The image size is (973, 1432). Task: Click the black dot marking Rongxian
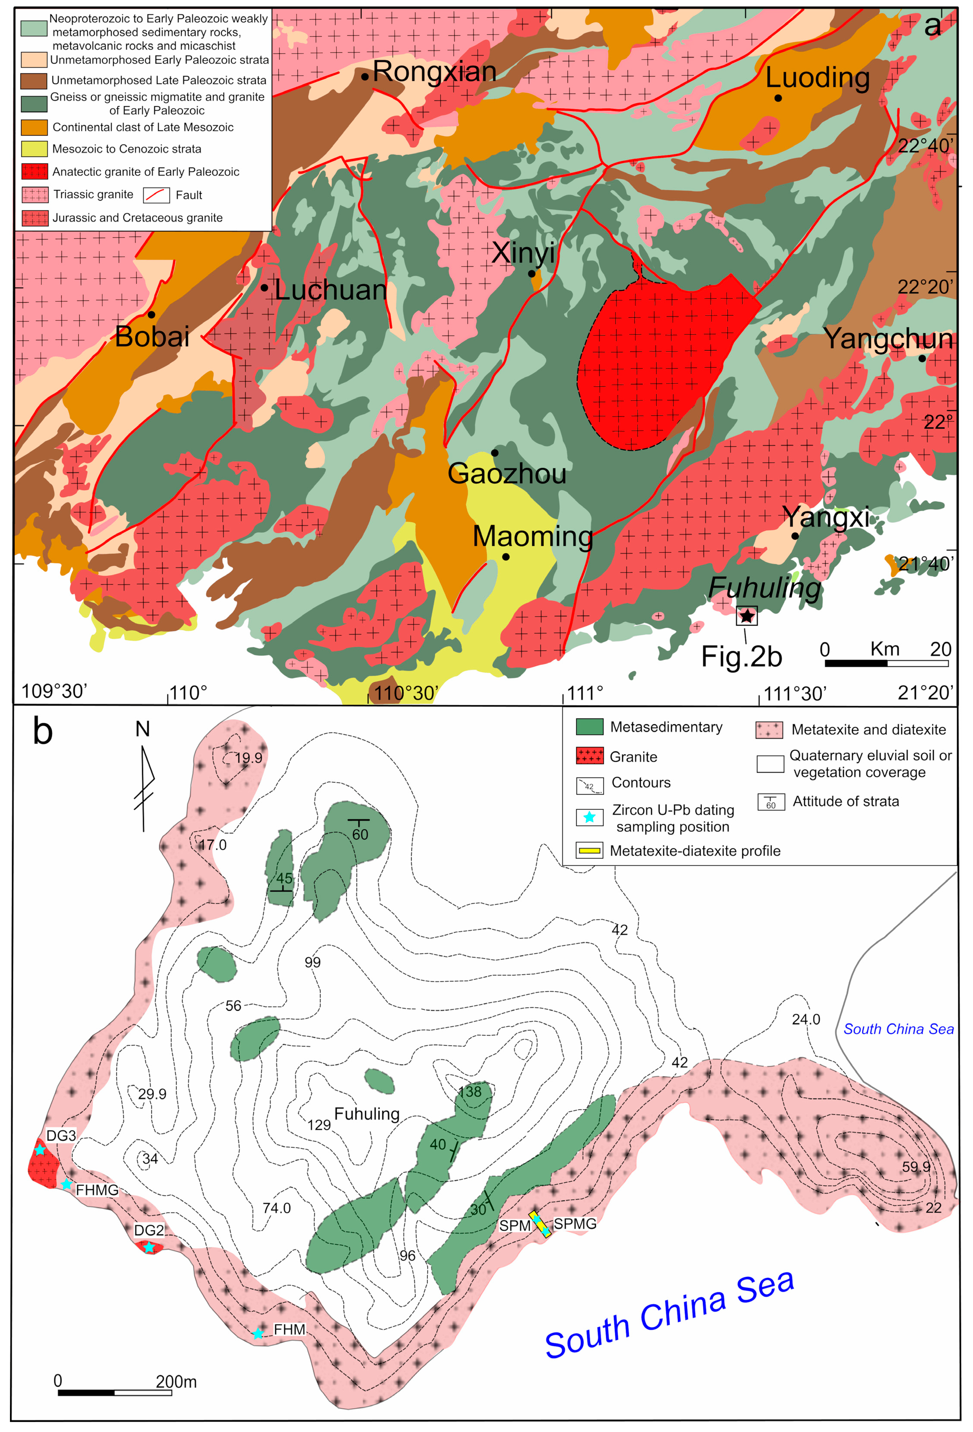coord(365,76)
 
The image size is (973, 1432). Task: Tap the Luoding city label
coord(817,78)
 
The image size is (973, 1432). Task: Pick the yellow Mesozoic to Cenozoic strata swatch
coord(35,149)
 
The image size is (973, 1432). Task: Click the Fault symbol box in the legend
coord(156,195)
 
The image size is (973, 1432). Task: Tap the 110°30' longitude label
coord(405,693)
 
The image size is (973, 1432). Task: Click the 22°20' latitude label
coord(924,287)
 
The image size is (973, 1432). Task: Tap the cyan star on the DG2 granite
coord(149,1247)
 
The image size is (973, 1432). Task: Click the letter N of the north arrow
coord(142,729)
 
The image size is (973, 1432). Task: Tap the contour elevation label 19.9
coord(248,758)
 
